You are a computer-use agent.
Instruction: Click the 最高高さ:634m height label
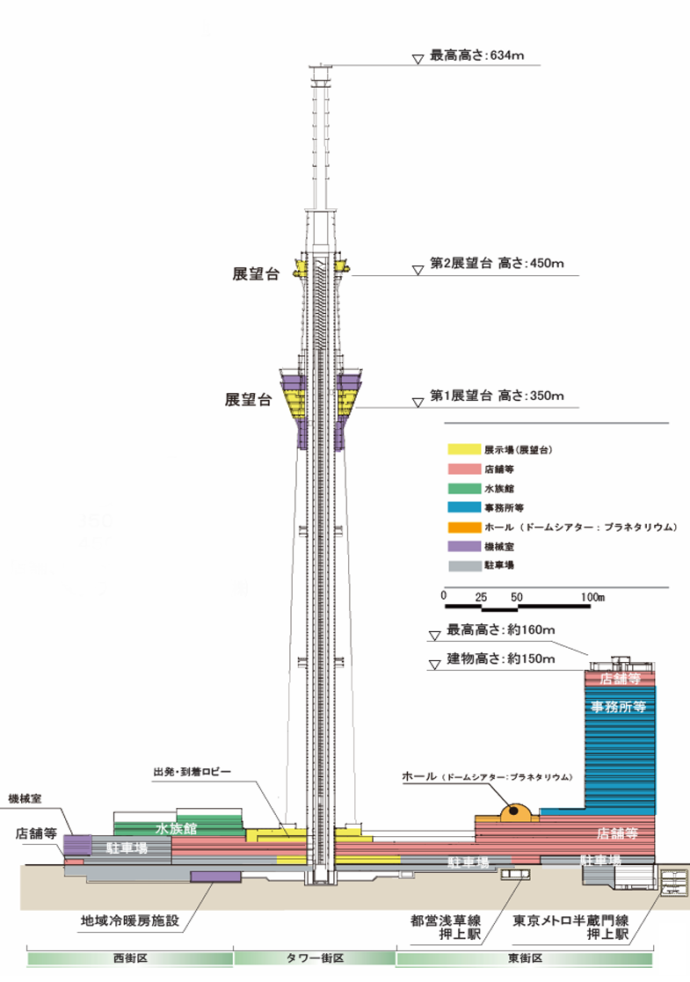pyautogui.click(x=477, y=55)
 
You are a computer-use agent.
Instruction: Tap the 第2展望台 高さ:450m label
pyautogui.click(x=497, y=264)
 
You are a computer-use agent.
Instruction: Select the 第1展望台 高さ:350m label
pyautogui.click(x=497, y=396)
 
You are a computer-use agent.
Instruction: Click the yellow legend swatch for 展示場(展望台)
pyautogui.click(x=464, y=449)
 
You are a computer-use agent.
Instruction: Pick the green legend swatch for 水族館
pyautogui.click(x=464, y=489)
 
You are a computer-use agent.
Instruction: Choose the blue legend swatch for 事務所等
pyautogui.click(x=464, y=508)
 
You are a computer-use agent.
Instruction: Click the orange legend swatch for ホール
pyautogui.click(x=464, y=527)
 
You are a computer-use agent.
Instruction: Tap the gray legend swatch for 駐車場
pyautogui.click(x=464, y=565)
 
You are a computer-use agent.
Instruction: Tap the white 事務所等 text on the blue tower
pyautogui.click(x=619, y=707)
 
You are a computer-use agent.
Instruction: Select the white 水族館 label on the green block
pyautogui.click(x=176, y=828)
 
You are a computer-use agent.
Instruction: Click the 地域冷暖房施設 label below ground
pyautogui.click(x=130, y=920)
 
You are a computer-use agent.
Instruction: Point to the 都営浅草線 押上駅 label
pyautogui.click(x=446, y=927)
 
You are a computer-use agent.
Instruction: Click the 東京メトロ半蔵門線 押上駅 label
pyautogui.click(x=570, y=927)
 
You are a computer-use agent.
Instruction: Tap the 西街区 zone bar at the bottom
pyautogui.click(x=129, y=958)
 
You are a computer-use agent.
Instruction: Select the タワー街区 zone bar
pyautogui.click(x=315, y=958)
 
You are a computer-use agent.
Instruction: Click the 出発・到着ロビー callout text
pyautogui.click(x=192, y=772)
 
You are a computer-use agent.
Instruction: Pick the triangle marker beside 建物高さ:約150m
pyautogui.click(x=434, y=665)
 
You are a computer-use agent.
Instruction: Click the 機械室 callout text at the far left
pyautogui.click(x=25, y=798)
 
